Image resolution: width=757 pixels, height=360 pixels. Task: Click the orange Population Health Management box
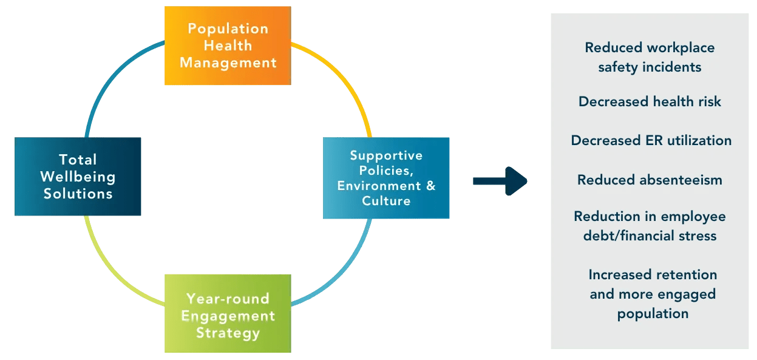pyautogui.click(x=228, y=46)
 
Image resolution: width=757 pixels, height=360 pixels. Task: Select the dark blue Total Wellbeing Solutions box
pyautogui.click(x=78, y=177)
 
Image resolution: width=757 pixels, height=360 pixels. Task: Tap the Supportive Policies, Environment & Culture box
pyautogui.click(x=386, y=178)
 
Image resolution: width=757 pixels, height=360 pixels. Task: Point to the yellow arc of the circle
pyautogui.click(x=349, y=85)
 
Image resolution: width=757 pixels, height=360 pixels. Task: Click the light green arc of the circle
pyautogui.click(x=109, y=267)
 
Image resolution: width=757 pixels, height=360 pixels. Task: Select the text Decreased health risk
pyautogui.click(x=650, y=101)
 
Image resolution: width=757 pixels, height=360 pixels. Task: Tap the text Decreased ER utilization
pyautogui.click(x=651, y=141)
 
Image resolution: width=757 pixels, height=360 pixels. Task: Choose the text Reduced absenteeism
pyautogui.click(x=650, y=180)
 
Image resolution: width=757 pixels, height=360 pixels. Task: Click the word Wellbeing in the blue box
pyautogui.click(x=78, y=177)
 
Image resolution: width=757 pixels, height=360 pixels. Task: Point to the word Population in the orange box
pyautogui.click(x=228, y=29)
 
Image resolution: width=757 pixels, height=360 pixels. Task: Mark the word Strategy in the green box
pyautogui.click(x=228, y=333)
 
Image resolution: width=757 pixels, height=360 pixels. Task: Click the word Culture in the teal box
pyautogui.click(x=386, y=201)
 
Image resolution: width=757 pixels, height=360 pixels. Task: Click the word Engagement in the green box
pyautogui.click(x=228, y=316)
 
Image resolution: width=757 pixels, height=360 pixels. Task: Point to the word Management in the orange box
pyautogui.click(x=228, y=63)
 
